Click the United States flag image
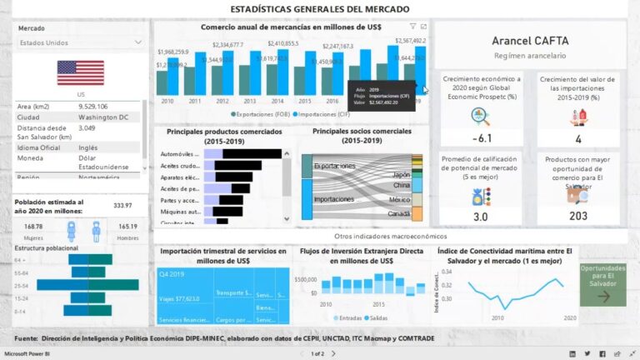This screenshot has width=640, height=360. tap(80, 72)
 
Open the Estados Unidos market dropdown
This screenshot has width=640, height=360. tap(80, 42)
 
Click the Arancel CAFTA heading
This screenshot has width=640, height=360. tap(529, 40)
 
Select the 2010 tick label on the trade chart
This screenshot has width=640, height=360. tap(167, 101)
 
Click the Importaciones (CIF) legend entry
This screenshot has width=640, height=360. tap(311, 112)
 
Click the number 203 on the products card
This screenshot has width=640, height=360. tap(578, 216)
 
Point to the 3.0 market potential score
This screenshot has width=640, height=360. tap(481, 217)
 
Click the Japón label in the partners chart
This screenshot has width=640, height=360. tap(401, 174)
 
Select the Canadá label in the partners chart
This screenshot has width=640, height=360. tap(399, 213)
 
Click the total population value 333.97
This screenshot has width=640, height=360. tap(122, 205)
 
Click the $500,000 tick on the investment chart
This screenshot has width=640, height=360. tap(306, 280)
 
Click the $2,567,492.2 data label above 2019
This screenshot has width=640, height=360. tap(410, 40)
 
